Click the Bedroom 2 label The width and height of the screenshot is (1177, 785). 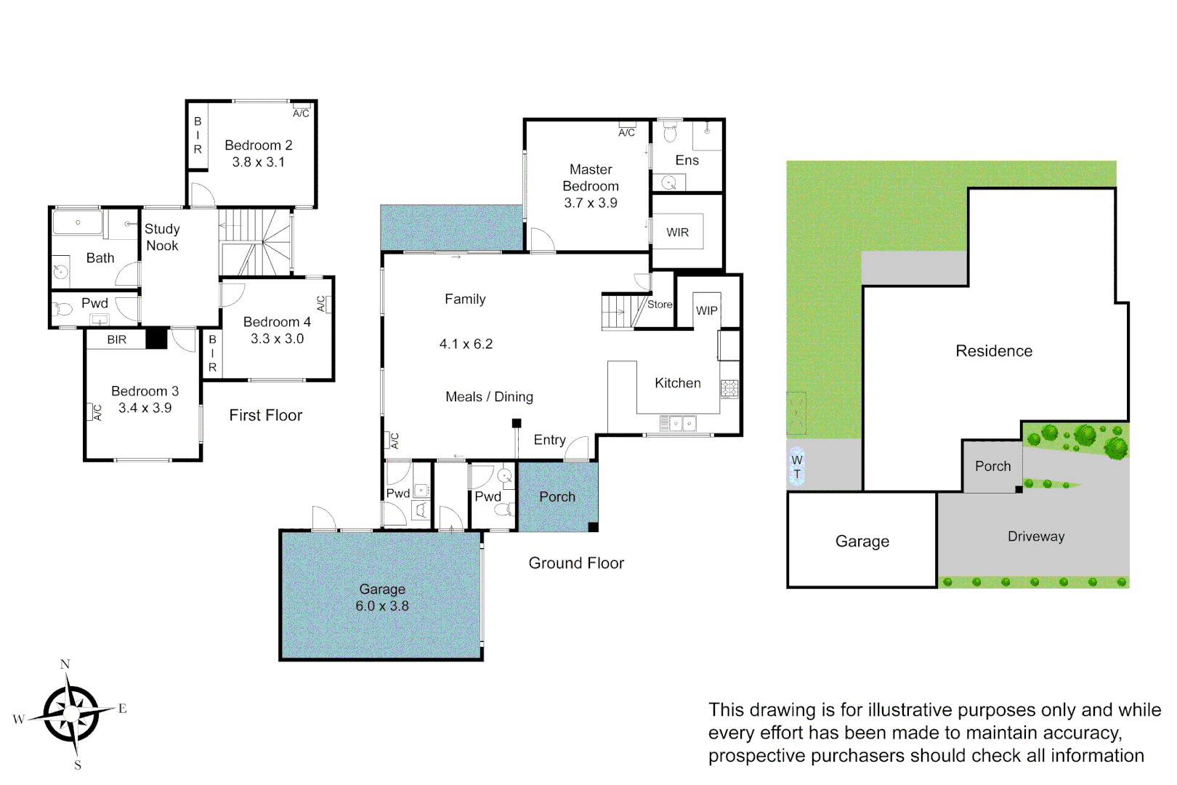click(258, 145)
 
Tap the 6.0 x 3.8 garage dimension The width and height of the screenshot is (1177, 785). click(381, 606)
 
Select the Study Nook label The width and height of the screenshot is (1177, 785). click(162, 237)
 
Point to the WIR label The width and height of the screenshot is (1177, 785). click(677, 233)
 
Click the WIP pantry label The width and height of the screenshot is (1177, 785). click(706, 310)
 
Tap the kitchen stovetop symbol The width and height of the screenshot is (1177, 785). click(729, 389)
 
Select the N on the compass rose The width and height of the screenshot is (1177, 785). click(65, 664)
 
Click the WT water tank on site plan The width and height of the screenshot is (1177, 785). click(797, 467)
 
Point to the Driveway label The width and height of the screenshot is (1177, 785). click(1035, 536)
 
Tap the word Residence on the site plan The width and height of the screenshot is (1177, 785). click(993, 351)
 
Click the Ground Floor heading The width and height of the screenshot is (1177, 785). click(575, 563)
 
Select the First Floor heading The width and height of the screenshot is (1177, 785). click(265, 415)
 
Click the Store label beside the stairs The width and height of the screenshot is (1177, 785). click(660, 305)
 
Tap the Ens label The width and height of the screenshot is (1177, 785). click(687, 161)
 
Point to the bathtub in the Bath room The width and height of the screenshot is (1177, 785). click(78, 222)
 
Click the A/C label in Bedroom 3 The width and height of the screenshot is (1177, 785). click(97, 412)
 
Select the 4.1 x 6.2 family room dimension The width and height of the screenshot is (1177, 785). click(466, 344)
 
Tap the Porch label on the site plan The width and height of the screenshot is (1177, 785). click(992, 467)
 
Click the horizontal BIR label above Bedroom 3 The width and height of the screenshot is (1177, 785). click(116, 339)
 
